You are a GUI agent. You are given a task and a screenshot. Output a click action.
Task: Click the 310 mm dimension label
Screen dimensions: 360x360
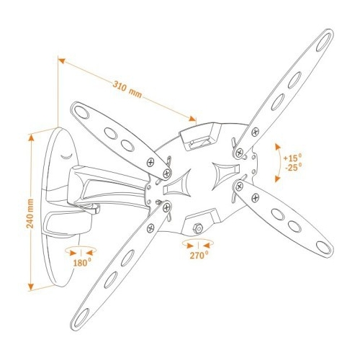pyautogui.click(x=127, y=89)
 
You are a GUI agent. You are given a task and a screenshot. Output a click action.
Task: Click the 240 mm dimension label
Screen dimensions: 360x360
pyautogui.click(x=30, y=213)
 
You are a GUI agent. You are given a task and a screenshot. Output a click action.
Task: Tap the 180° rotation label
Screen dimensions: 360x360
pyautogui.click(x=82, y=263)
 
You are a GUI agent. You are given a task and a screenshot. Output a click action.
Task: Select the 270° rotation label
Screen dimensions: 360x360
pyautogui.click(x=199, y=255)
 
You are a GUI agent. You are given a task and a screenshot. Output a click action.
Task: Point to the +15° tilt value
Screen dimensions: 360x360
pyautogui.click(x=292, y=158)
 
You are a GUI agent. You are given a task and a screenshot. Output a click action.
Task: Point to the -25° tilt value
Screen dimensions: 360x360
pyautogui.click(x=293, y=167)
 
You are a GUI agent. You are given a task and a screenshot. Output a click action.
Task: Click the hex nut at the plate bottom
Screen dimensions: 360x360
pyautogui.click(x=198, y=228)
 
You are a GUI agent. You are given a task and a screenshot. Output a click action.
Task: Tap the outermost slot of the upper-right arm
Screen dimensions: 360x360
pyautogui.click(x=323, y=42)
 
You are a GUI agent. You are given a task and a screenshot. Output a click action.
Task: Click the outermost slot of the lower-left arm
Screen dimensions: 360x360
pyautogui.click(x=81, y=318)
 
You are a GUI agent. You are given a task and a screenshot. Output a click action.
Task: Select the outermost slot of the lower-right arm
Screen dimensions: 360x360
pyautogui.click(x=323, y=247)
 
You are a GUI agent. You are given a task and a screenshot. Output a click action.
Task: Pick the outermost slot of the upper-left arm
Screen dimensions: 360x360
pyautogui.click(x=82, y=112)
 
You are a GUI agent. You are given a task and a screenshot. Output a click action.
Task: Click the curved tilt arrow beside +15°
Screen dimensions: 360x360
pyautogui.click(x=279, y=163)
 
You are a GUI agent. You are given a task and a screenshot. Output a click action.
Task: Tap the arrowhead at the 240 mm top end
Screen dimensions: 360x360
pyautogui.click(x=31, y=138)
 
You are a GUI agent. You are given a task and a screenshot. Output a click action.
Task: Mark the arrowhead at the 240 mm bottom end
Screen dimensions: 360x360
pyautogui.click(x=31, y=287)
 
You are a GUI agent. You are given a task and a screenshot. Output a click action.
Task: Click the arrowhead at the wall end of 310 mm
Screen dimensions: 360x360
pyautogui.click(x=63, y=60)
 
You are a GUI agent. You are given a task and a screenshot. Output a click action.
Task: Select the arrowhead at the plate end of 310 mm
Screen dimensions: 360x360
pyautogui.click(x=193, y=119)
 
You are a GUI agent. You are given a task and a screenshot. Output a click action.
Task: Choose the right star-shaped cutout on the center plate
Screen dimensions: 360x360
pyautogui.click(x=225, y=174)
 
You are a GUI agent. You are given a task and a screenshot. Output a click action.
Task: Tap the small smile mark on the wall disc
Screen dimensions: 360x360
pyautogui.click(x=66, y=156)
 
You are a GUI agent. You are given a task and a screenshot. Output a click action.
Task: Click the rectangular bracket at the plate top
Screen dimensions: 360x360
pyautogui.click(x=199, y=137)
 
